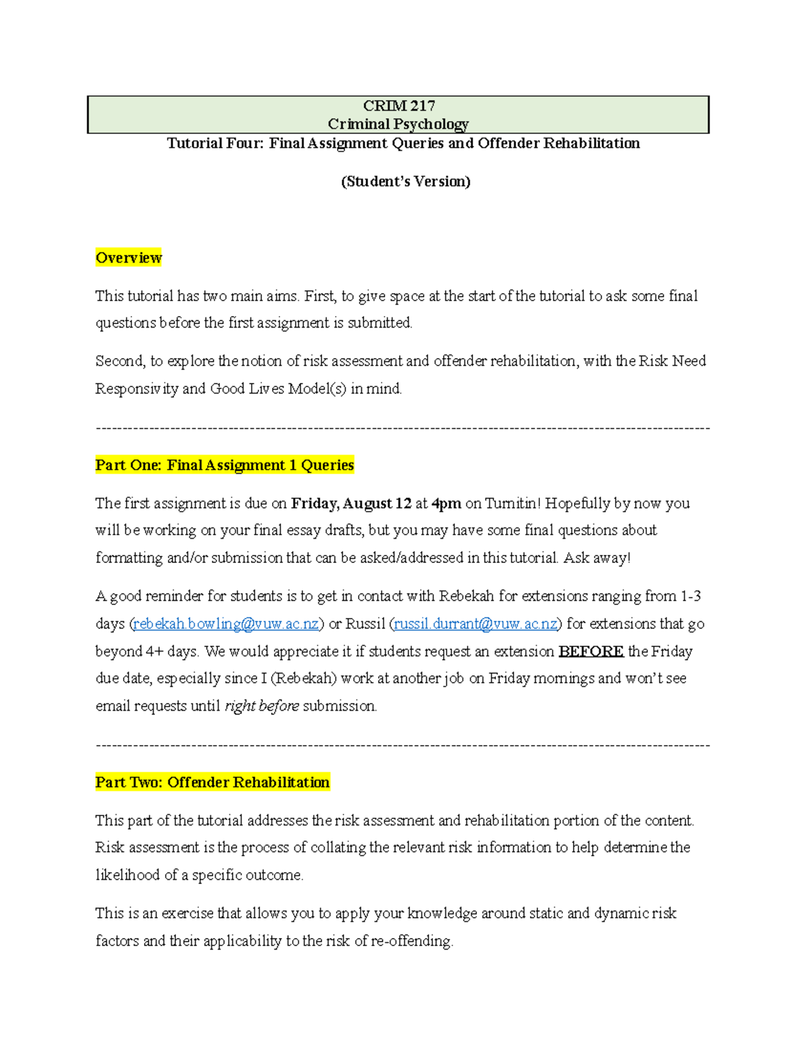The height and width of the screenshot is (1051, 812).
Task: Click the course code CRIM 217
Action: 399,106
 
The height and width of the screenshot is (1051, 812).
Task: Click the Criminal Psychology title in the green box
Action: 398,124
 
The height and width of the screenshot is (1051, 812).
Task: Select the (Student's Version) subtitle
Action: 405,181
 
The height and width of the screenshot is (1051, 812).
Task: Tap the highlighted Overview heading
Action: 129,258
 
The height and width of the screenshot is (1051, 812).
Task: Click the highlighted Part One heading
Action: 225,465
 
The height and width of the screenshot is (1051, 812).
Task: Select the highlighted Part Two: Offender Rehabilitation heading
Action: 212,782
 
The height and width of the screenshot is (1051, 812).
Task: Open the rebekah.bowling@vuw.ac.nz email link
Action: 226,624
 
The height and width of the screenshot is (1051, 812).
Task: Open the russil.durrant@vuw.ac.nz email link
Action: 476,624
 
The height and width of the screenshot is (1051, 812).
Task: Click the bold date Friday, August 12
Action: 351,504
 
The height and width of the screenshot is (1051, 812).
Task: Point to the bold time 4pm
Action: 447,504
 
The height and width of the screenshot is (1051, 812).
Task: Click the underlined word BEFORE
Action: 591,652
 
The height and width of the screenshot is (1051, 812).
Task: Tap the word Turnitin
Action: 512,504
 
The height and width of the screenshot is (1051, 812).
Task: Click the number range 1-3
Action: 691,596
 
